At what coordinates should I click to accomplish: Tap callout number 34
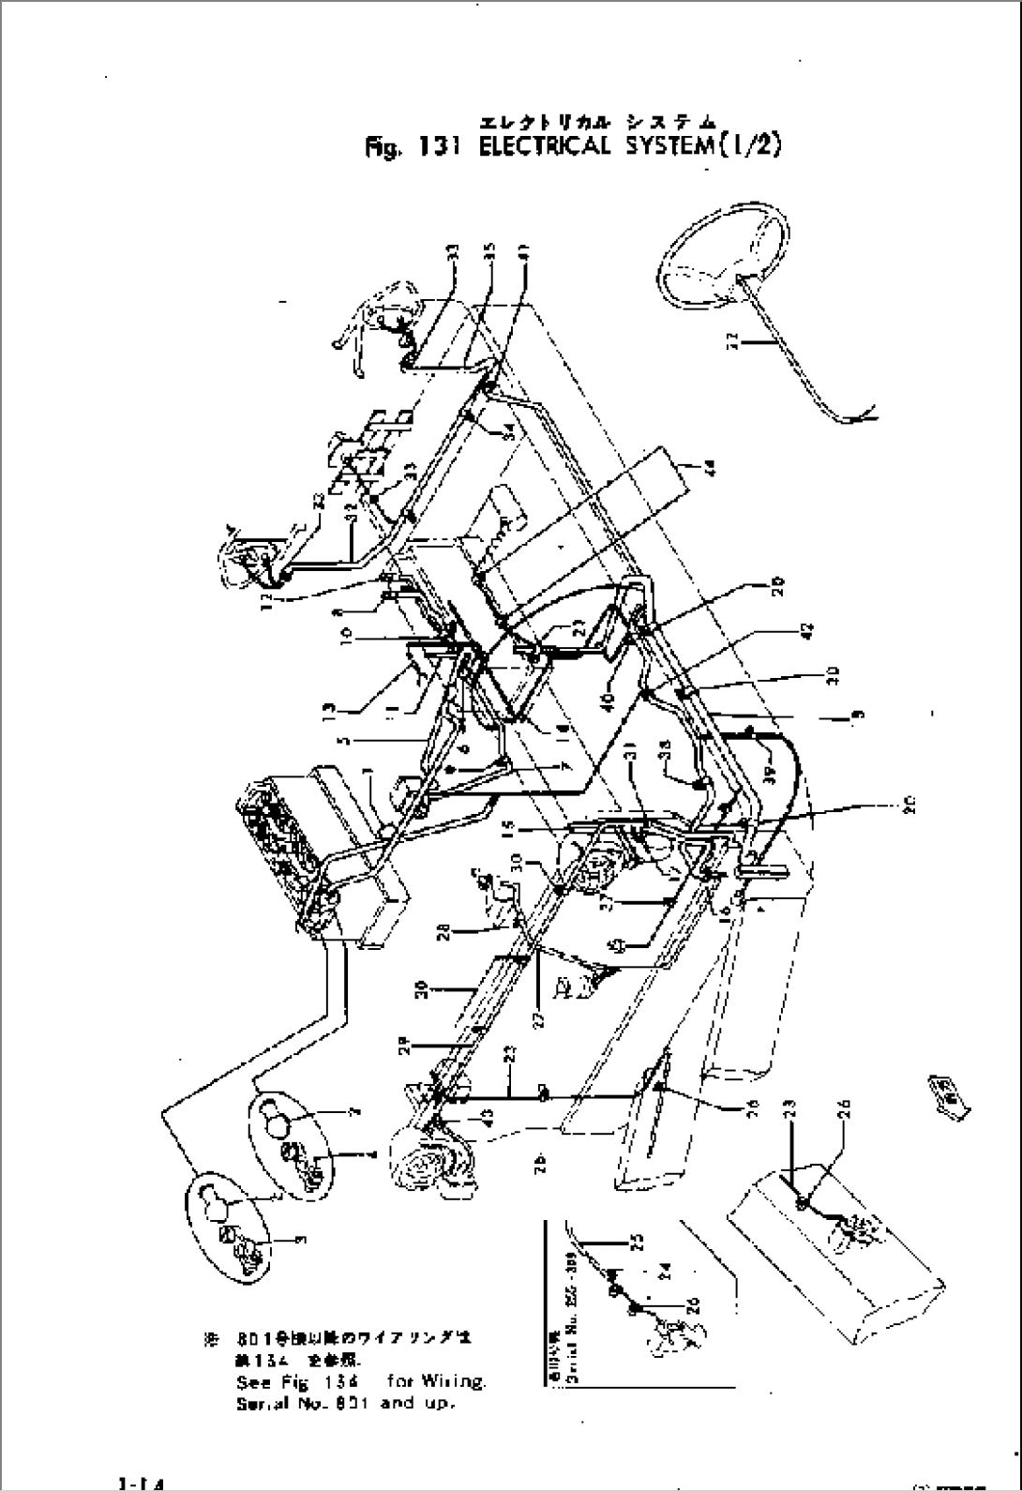(506, 429)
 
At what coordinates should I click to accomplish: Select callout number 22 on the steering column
(733, 342)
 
